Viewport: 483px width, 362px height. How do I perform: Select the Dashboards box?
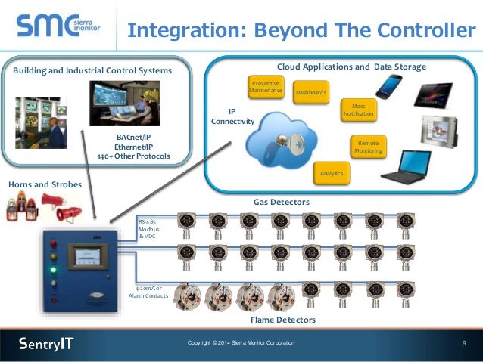310,92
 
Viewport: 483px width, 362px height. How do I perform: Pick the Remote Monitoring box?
368,147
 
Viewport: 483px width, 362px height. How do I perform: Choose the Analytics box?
332,174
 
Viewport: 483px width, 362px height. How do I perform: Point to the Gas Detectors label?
281,203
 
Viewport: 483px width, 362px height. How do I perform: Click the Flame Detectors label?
282,320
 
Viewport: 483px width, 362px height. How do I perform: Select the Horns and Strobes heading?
45,184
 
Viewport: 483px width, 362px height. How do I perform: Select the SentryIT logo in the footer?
46,344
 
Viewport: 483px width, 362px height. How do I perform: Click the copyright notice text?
241,344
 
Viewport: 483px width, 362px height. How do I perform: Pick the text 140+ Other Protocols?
133,156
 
